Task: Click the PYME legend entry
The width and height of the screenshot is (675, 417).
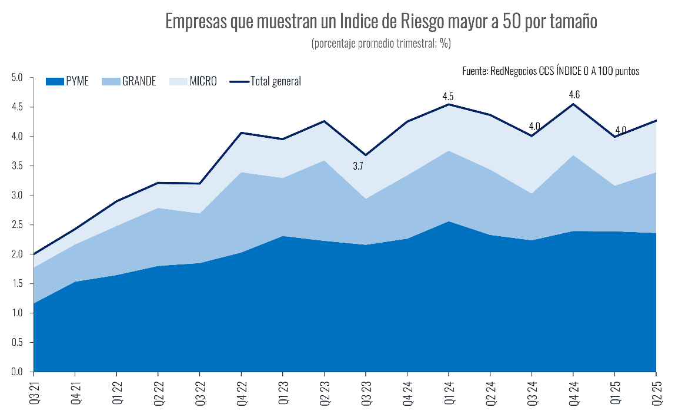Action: [68, 81]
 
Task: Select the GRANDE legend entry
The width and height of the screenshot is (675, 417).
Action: [130, 81]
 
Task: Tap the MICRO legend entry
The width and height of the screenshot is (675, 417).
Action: [193, 81]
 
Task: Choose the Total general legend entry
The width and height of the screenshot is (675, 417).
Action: [266, 81]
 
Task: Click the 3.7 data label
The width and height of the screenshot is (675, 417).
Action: [358, 167]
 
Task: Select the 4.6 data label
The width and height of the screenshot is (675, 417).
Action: [574, 94]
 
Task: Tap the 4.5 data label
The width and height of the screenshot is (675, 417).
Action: [448, 96]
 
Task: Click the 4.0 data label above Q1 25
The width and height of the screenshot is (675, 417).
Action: [620, 130]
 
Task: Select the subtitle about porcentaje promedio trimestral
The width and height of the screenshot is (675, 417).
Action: [381, 44]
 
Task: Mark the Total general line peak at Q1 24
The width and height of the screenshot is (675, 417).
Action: [449, 105]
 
